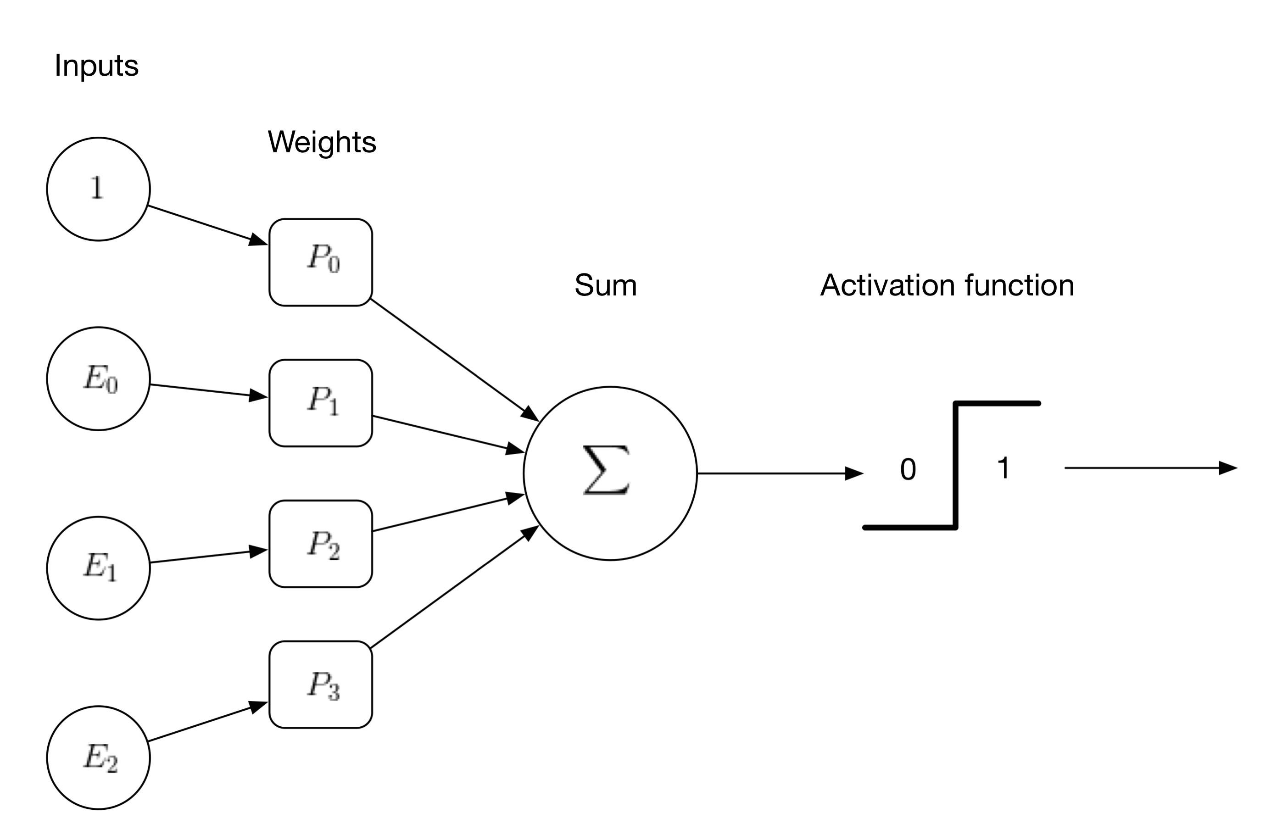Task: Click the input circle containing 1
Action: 98,189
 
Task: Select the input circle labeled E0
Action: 98,379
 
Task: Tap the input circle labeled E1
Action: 98,568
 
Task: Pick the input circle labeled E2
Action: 98,757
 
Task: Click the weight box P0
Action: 320,262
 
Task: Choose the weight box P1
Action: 320,403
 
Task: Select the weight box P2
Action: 320,544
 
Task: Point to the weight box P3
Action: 320,685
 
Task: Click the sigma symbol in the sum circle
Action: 607,470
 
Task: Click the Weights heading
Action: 322,142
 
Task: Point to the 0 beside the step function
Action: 908,470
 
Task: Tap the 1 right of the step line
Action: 1003,468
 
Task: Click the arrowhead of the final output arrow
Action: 1228,468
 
